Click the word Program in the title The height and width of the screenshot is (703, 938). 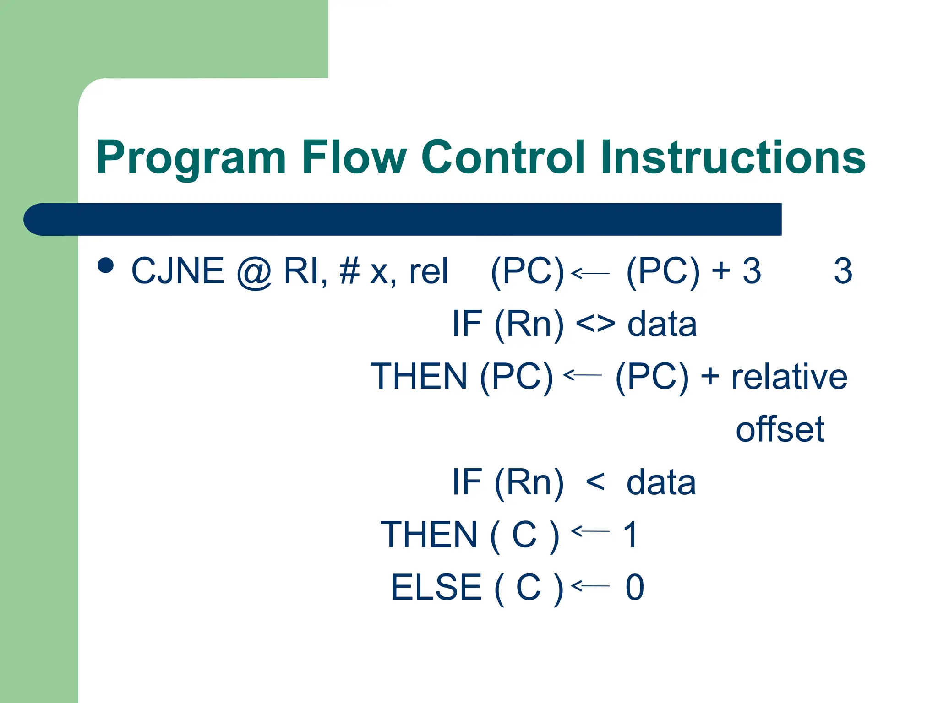191,158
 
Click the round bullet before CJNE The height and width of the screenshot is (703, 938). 106,265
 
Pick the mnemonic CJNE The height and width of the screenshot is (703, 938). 178,271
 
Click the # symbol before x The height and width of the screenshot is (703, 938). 350,271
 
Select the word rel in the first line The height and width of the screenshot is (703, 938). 428,271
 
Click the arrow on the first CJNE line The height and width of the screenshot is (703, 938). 590,273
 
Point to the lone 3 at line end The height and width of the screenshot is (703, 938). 843,271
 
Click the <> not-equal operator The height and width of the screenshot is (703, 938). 595,324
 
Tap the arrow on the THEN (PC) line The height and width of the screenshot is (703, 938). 582,375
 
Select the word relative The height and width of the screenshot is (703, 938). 789,377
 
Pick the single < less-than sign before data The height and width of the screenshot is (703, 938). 595,482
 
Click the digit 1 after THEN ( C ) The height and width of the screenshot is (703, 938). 631,535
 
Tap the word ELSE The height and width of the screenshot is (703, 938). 436,587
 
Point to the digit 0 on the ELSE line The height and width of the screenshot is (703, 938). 635,587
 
